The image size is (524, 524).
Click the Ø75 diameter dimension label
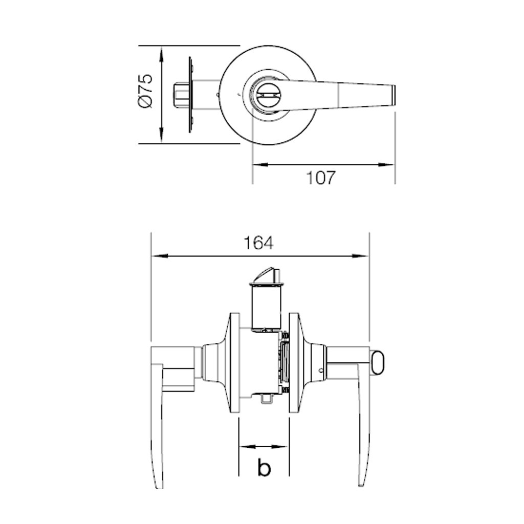pyautogui.click(x=146, y=91)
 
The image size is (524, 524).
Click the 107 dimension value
pyautogui.click(x=320, y=178)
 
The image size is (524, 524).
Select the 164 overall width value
pyautogui.click(x=258, y=243)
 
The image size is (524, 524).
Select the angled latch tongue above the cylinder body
pyautogui.click(x=266, y=274)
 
